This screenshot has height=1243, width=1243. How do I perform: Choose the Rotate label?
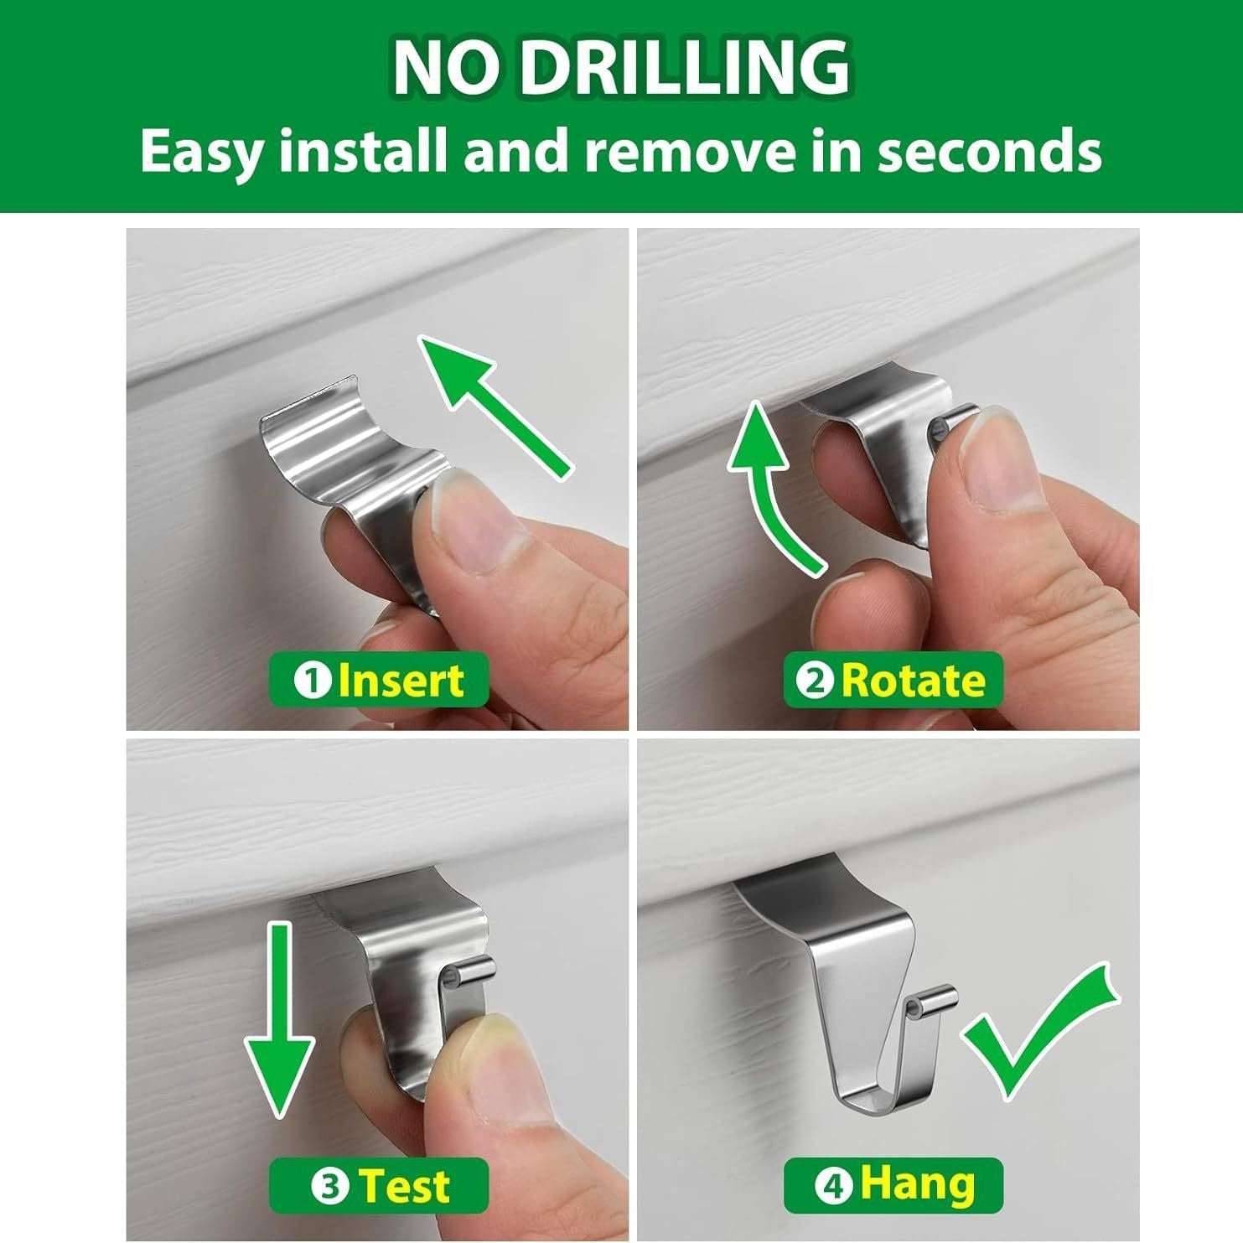coord(893,680)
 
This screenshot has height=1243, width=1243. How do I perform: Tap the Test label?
coord(378,1186)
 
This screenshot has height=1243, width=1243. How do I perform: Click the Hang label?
coord(893,1186)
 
